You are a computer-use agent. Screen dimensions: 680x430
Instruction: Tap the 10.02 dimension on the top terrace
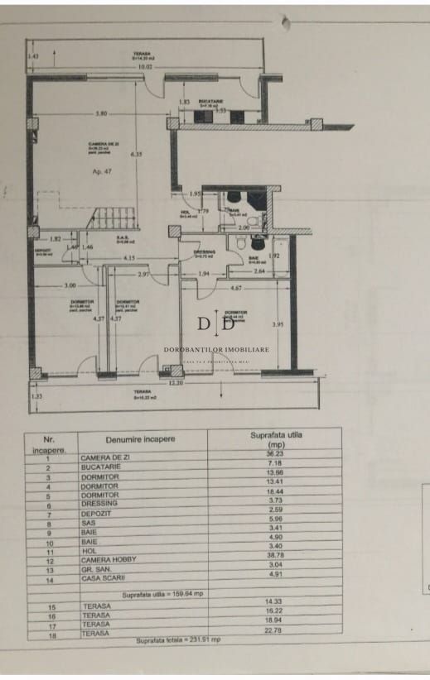pyautogui.click(x=146, y=67)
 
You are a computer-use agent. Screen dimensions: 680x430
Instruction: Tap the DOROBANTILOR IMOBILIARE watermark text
pyautogui.click(x=217, y=350)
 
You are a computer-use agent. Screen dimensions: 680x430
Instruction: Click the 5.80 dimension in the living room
pyautogui.click(x=101, y=113)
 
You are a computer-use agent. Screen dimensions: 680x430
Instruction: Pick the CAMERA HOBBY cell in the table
pyautogui.click(x=110, y=560)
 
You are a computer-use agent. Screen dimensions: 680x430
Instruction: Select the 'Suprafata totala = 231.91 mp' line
pyautogui.click(x=180, y=641)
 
